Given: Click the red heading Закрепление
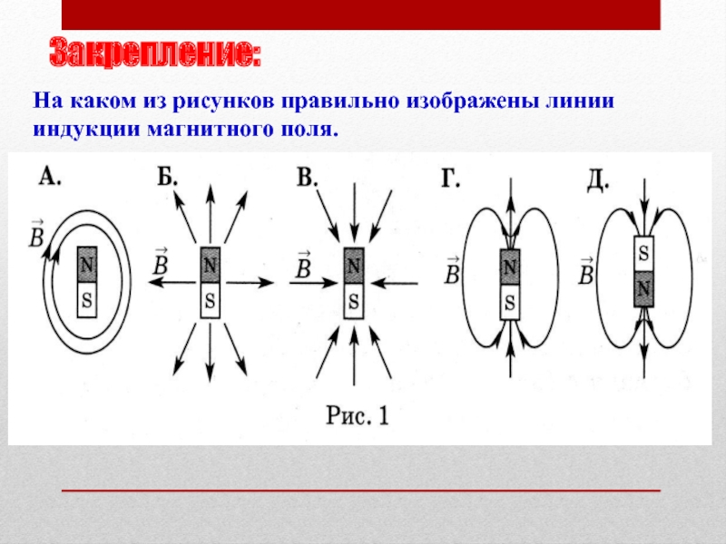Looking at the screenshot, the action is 155,53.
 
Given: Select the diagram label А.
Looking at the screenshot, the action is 50,176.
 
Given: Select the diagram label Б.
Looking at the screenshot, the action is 167,176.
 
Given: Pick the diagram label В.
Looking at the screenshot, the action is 307,177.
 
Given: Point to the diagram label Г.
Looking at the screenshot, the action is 450,179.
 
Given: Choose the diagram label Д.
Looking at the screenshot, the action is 598,180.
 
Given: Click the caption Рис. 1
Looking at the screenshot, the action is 358,415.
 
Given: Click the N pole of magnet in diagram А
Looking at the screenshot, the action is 87,265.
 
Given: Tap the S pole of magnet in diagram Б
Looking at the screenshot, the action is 211,301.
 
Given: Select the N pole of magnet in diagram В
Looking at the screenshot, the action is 354,266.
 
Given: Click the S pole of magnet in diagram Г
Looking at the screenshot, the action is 510,303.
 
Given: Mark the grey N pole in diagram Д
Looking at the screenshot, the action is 643,289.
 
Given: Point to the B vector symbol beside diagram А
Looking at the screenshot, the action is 36,236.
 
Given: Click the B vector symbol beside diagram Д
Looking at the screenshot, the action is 586,272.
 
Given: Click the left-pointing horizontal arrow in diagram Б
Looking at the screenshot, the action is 172,282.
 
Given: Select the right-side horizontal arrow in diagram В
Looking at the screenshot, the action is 395,283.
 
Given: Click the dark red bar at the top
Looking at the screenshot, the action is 361,15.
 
